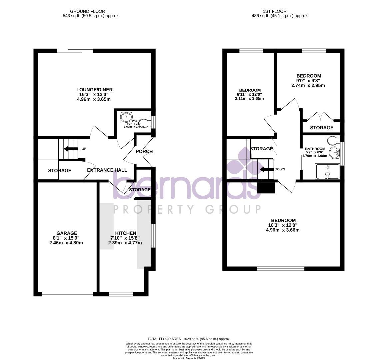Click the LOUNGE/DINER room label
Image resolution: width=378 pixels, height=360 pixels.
point(94,90)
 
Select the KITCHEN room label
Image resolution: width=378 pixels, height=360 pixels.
point(125,233)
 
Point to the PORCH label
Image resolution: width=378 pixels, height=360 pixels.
point(144,151)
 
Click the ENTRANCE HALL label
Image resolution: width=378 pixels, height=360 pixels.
point(107,170)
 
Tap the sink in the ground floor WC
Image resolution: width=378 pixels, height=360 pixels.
point(126,117)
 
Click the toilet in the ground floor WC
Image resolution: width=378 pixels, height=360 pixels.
point(144,123)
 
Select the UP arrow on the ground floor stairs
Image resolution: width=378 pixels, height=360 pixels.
point(70,149)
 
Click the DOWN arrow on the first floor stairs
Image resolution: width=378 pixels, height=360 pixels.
point(266,169)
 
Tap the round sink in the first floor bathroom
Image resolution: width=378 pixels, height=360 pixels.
point(334,153)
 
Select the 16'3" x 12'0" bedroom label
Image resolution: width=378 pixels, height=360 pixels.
point(283,220)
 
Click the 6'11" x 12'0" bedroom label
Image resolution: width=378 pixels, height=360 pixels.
point(250,90)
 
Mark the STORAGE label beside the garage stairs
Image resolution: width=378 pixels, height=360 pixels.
point(60,171)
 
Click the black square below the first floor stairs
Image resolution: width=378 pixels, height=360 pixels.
point(266,187)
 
